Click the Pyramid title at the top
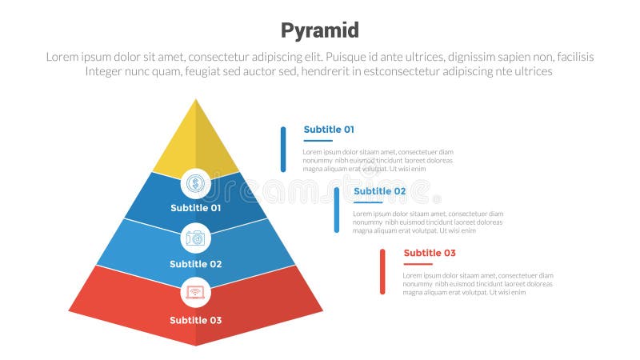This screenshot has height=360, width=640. [320, 30]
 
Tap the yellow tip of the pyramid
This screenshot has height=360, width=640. [196, 140]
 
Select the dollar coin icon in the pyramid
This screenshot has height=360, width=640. [195, 184]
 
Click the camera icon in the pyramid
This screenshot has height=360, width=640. [195, 238]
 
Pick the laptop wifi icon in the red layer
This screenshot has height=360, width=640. [195, 292]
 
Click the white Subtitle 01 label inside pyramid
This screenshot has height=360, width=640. [195, 208]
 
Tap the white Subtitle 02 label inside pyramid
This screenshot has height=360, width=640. [195, 264]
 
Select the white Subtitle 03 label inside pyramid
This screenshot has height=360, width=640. [195, 320]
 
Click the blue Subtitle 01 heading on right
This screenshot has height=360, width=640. [329, 130]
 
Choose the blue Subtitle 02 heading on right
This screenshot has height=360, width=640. [379, 191]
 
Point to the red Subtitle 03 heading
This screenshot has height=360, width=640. [430, 254]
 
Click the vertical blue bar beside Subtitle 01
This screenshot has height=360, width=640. [283, 149]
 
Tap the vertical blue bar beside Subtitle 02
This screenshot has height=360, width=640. [337, 210]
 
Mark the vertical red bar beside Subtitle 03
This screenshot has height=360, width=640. [382, 271]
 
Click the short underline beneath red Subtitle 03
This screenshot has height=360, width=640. [418, 264]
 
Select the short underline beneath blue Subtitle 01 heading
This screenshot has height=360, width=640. [318, 141]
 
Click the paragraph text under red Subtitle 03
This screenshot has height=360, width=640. [478, 284]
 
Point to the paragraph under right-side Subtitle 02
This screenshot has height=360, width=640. [427, 222]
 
